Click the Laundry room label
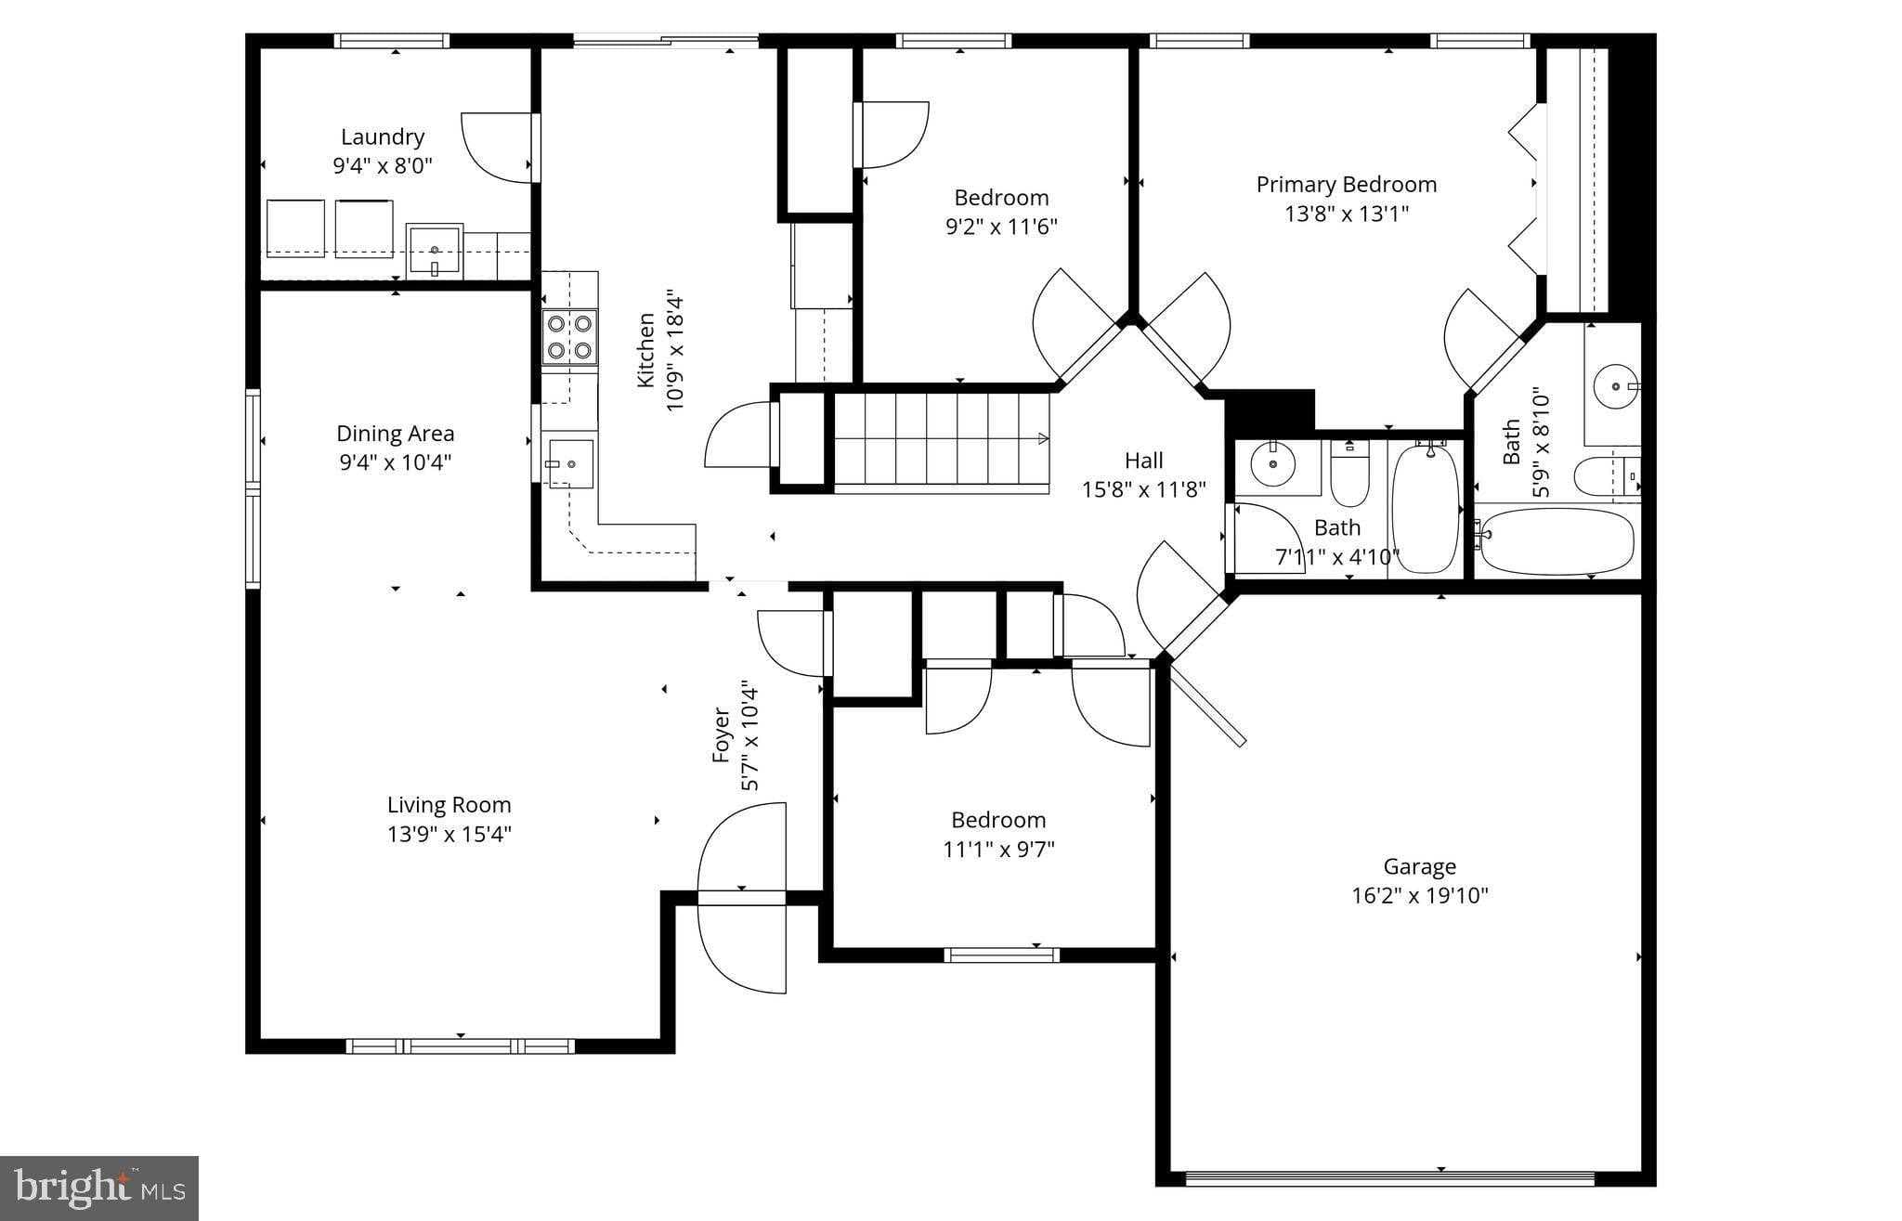pos(382,136)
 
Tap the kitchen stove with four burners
pos(569,337)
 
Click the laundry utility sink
pos(434,250)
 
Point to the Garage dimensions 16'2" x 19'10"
pos(1419,896)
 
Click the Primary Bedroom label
pos(1346,185)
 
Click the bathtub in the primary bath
pos(1556,539)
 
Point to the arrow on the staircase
pos(1042,438)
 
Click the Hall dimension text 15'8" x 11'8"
pos(1143,489)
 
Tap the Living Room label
pos(449,805)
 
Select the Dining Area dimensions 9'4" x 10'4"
pos(395,462)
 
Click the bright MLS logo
pos(99,1188)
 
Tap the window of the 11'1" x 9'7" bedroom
pos(1001,955)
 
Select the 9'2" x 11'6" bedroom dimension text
pos(1001,227)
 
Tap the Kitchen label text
pos(646,350)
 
